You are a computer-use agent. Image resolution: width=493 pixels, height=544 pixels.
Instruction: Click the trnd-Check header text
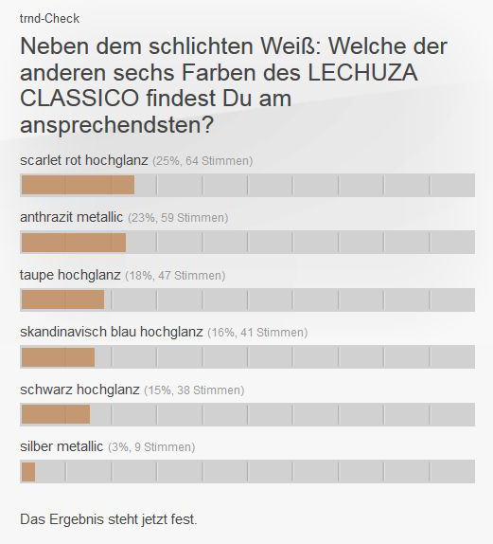pyautogui.click(x=49, y=18)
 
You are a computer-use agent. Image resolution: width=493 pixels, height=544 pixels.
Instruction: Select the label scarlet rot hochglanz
pyautogui.click(x=84, y=160)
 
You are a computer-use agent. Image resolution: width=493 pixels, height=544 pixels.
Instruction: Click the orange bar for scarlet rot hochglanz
pyautogui.click(x=78, y=185)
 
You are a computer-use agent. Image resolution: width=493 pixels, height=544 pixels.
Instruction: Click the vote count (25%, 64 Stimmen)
pyautogui.click(x=202, y=161)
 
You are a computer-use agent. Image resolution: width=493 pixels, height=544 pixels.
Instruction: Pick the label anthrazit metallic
pyautogui.click(x=72, y=217)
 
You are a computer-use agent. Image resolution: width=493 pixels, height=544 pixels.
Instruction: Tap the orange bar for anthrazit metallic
pyautogui.click(x=73, y=243)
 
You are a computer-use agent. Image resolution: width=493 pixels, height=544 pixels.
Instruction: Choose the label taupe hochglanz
pyautogui.click(x=70, y=275)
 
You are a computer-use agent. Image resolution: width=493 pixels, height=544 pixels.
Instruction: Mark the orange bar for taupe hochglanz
pyautogui.click(x=62, y=299)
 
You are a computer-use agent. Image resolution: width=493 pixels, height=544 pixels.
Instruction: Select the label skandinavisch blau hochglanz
pyautogui.click(x=112, y=332)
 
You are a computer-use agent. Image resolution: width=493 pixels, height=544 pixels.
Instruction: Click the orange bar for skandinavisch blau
pyautogui.click(x=58, y=357)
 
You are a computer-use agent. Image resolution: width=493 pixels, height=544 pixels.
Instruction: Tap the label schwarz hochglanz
pyautogui.click(x=79, y=390)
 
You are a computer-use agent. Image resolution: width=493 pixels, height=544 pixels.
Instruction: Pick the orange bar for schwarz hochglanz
pyautogui.click(x=55, y=414)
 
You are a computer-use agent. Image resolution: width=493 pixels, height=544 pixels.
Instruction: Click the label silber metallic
pyautogui.click(x=62, y=446)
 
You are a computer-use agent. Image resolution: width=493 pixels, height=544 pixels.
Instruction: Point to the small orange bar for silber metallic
pyautogui.click(x=27, y=471)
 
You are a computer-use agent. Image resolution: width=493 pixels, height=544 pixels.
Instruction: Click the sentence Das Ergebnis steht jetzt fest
pyautogui.click(x=109, y=518)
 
